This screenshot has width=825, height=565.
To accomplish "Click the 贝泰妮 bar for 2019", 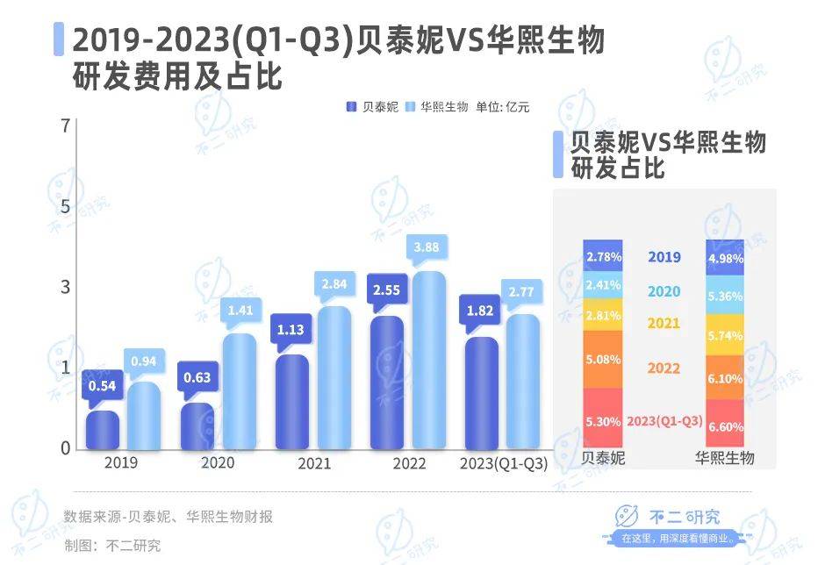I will (103, 430).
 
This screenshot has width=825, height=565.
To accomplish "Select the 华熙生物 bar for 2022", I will (429, 361).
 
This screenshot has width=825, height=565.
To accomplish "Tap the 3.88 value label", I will (429, 248).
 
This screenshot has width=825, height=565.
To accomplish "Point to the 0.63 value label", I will (197, 378).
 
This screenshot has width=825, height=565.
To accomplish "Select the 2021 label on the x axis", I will (315, 464).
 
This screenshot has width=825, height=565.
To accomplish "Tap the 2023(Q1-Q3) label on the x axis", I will (503, 464).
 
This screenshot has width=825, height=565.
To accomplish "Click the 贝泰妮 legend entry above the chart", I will (372, 107).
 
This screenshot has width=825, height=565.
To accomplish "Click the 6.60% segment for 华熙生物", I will (725, 425).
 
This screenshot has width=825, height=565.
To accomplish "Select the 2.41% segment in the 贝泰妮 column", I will (602, 284).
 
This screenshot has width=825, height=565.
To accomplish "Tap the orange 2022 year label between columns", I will (664, 368).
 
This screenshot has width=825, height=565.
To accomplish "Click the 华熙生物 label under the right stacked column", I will (725, 458).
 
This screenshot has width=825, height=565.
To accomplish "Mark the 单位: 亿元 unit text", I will (503, 107).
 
